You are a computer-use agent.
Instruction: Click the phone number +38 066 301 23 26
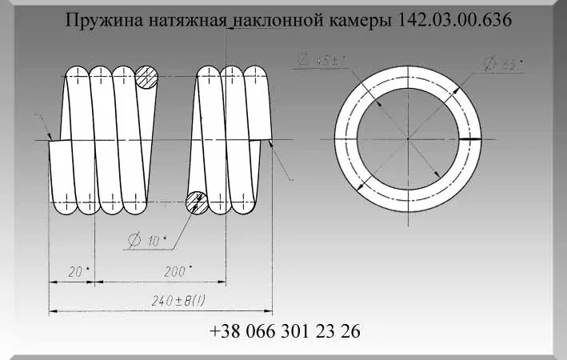pyautogui.click(x=285, y=331)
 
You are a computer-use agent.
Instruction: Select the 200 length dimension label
pyautogui.click(x=175, y=271)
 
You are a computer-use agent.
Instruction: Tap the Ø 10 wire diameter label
pyautogui.click(x=144, y=238)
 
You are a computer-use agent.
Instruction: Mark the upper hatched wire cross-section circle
pyautogui.click(x=147, y=78)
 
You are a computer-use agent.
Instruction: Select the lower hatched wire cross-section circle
pyautogui.click(x=198, y=203)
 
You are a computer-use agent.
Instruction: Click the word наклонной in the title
pyautogui.click(x=274, y=20)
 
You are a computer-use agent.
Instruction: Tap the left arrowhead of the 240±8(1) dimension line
pyautogui.click(x=53, y=310)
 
